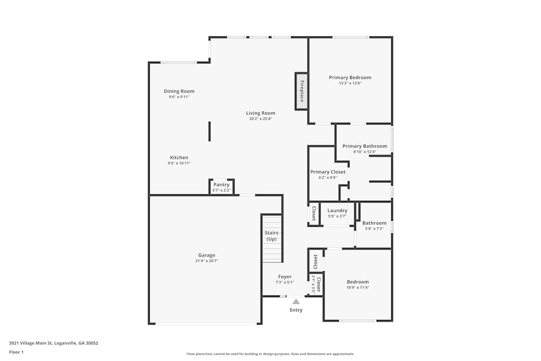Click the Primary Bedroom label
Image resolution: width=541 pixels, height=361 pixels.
(350, 77)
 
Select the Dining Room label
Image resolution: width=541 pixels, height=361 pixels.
(179, 91)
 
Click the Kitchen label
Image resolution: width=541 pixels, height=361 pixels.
(179, 157)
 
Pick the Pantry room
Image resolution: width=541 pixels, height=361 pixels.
(221, 187)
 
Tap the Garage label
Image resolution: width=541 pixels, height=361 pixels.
(207, 255)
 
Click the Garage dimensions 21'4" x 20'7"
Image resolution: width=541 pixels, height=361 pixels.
(207, 261)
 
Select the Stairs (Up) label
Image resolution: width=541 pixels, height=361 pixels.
(272, 236)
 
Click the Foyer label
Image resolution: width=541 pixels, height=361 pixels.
(285, 277)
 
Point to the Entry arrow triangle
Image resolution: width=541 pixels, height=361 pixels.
(296, 301)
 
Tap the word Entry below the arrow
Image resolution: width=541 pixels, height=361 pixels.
(296, 310)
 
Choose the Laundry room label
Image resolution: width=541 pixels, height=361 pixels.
(338, 211)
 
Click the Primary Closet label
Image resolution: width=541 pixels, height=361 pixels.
(328, 172)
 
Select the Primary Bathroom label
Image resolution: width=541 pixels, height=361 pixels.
(365, 146)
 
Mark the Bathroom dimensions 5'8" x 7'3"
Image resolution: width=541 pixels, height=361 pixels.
(374, 229)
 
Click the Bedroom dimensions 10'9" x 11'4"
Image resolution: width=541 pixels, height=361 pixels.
(358, 287)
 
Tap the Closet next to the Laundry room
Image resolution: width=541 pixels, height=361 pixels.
(314, 213)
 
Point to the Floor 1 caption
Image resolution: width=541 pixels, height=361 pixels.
(16, 352)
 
